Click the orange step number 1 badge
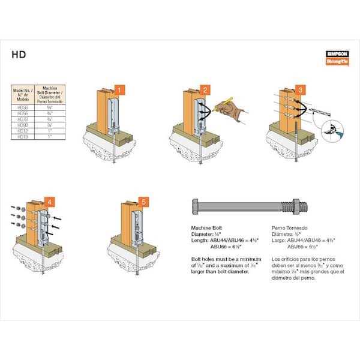click(120, 91)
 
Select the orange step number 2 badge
click(206, 91)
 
